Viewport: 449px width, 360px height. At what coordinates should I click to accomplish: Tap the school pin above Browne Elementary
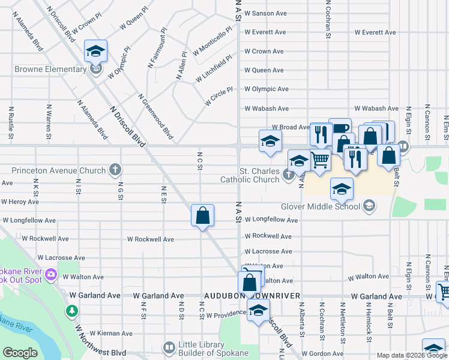[95, 52]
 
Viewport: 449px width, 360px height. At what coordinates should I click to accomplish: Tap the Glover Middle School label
[320, 206]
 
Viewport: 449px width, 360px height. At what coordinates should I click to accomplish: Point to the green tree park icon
[72, 311]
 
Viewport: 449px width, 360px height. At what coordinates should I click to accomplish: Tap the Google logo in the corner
[20, 353]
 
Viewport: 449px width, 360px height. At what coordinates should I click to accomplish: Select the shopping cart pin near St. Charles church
[320, 160]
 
